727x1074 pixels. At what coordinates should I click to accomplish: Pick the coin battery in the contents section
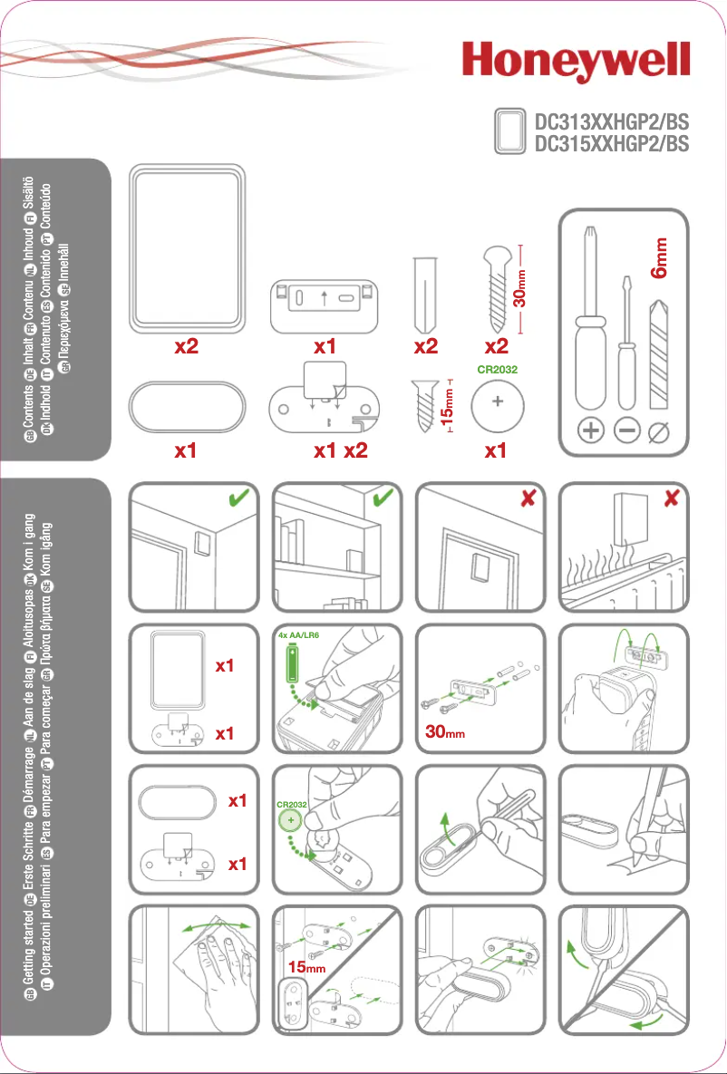pyautogui.click(x=495, y=408)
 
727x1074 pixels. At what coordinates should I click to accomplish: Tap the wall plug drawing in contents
pyautogui.click(x=423, y=295)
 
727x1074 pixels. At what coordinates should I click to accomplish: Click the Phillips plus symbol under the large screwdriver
pyautogui.click(x=591, y=432)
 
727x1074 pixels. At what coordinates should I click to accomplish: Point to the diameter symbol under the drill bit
pyautogui.click(x=662, y=432)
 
